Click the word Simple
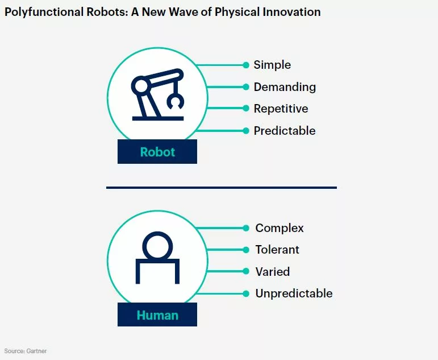[272, 65]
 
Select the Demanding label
[285, 87]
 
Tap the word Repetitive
[281, 109]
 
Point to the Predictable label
[285, 131]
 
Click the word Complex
[280, 228]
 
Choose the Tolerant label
[277, 250]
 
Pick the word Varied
[273, 272]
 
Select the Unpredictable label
[294, 293]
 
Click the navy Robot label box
[157, 152]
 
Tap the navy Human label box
[157, 315]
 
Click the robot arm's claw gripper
[174, 101]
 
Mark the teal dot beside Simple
[246, 65]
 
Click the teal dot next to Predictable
[246, 131]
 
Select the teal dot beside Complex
[246, 228]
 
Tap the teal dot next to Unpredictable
[246, 293]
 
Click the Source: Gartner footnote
[26, 351]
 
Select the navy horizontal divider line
[221, 187]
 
